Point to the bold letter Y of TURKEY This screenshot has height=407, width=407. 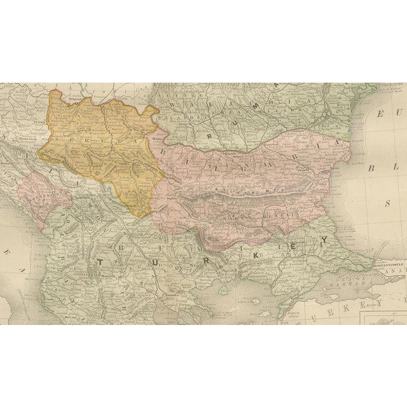click(x=324, y=240)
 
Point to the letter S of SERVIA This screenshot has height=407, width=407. click(x=59, y=139)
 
